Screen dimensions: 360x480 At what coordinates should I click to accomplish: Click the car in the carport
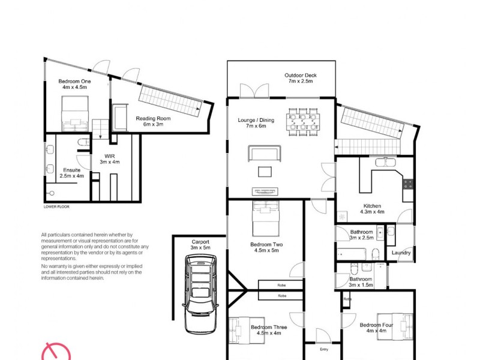pyautogui.click(x=200, y=293)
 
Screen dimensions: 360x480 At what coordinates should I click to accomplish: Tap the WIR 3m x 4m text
pyautogui.click(x=109, y=158)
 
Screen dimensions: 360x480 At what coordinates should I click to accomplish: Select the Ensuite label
pyautogui.click(x=72, y=173)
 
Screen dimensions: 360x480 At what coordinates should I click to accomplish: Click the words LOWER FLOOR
pyautogui.click(x=56, y=206)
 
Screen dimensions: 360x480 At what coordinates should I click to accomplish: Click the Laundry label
pyautogui.click(x=401, y=253)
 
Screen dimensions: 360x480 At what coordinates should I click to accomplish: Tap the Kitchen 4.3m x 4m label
pyautogui.click(x=371, y=209)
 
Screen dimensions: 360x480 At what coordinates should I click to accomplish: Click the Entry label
pyautogui.click(x=324, y=349)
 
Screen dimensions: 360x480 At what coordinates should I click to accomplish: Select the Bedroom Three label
pyautogui.click(x=268, y=331)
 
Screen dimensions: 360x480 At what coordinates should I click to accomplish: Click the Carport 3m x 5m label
pyautogui.click(x=200, y=244)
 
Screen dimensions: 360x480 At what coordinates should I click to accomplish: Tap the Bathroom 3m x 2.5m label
pyautogui.click(x=362, y=235)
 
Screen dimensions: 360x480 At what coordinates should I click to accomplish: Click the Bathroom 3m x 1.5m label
pyautogui.click(x=361, y=282)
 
